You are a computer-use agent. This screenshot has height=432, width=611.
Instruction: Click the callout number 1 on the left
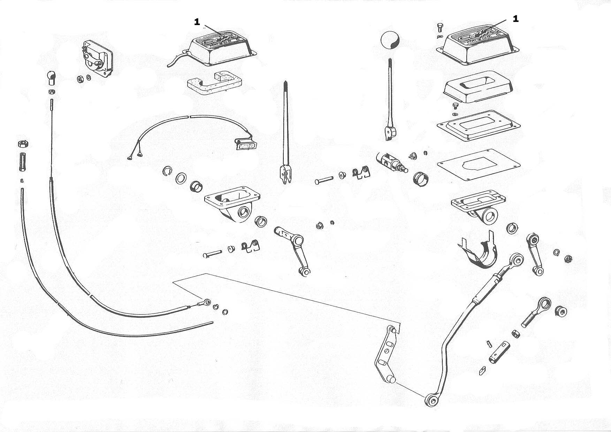point(197,22)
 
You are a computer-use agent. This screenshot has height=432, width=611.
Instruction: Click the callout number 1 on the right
point(515,19)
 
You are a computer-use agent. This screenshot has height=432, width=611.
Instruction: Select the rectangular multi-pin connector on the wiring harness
point(246,144)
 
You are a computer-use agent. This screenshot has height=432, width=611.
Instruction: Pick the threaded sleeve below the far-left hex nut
point(22,162)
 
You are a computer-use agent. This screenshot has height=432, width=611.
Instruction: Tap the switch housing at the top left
point(97,58)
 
